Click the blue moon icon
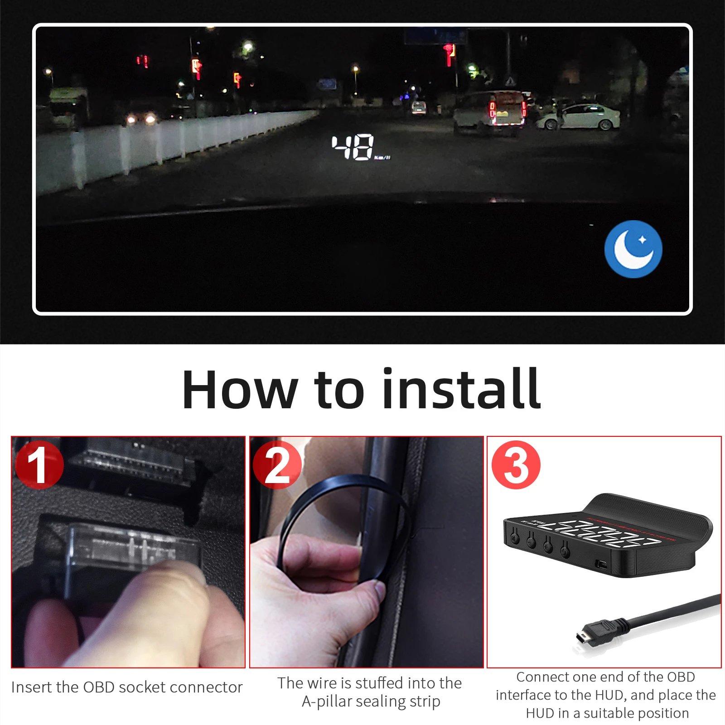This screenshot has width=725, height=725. click(x=633, y=249)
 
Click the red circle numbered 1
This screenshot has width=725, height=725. click(x=39, y=465)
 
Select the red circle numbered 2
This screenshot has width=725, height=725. click(x=277, y=465)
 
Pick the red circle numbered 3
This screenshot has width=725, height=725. click(x=516, y=465)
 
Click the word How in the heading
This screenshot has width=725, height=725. click(x=239, y=390)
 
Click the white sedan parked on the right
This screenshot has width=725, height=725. click(x=579, y=117)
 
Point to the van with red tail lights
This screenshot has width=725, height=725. click(x=490, y=113)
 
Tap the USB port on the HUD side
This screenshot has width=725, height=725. click(x=602, y=565)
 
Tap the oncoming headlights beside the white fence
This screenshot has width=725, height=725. click(x=140, y=119)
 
